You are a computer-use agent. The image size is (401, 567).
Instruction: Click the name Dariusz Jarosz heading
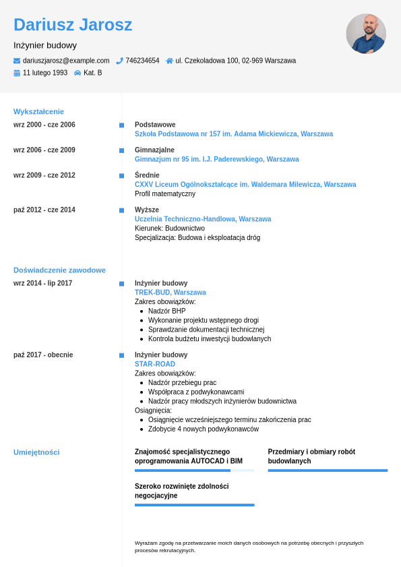click(73, 25)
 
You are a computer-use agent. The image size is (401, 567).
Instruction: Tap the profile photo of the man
click(366, 33)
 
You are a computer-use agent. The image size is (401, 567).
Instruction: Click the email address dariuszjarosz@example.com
click(66, 61)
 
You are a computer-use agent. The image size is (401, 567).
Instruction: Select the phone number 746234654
click(142, 61)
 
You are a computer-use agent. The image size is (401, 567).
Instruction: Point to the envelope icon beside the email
click(17, 61)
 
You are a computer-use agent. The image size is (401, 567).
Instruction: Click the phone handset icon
click(119, 61)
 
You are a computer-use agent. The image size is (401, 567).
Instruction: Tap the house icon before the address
click(169, 61)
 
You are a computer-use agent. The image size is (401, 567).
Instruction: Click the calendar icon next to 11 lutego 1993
click(17, 73)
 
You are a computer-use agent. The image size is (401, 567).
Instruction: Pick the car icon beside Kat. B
click(78, 73)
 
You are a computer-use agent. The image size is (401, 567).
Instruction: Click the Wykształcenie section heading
click(38, 112)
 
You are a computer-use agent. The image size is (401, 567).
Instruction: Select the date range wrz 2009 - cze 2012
click(44, 175)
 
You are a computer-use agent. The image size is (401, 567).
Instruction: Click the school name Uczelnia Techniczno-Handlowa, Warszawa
click(203, 219)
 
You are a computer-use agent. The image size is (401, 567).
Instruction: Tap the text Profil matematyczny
click(165, 194)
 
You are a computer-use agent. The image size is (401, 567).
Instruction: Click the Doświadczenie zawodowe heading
click(59, 270)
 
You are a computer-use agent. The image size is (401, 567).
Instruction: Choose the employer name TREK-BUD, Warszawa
click(171, 293)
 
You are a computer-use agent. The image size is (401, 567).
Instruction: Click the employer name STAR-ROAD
click(155, 364)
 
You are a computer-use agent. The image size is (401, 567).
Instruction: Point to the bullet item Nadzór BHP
click(166, 311)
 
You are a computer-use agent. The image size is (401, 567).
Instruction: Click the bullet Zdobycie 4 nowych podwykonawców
click(203, 429)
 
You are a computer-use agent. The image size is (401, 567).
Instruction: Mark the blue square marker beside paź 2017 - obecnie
click(121, 355)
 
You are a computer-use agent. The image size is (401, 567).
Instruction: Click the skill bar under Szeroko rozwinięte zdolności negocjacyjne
click(194, 504)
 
